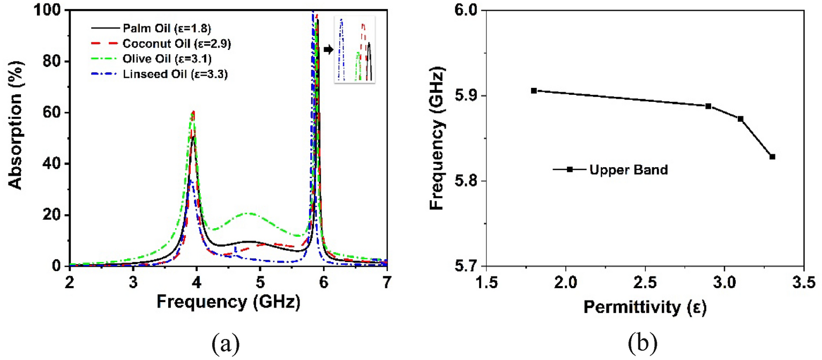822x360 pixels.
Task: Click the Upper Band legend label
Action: point(628,170)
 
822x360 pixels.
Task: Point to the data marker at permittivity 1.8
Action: point(534,91)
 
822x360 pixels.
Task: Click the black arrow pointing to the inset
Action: point(327,49)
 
